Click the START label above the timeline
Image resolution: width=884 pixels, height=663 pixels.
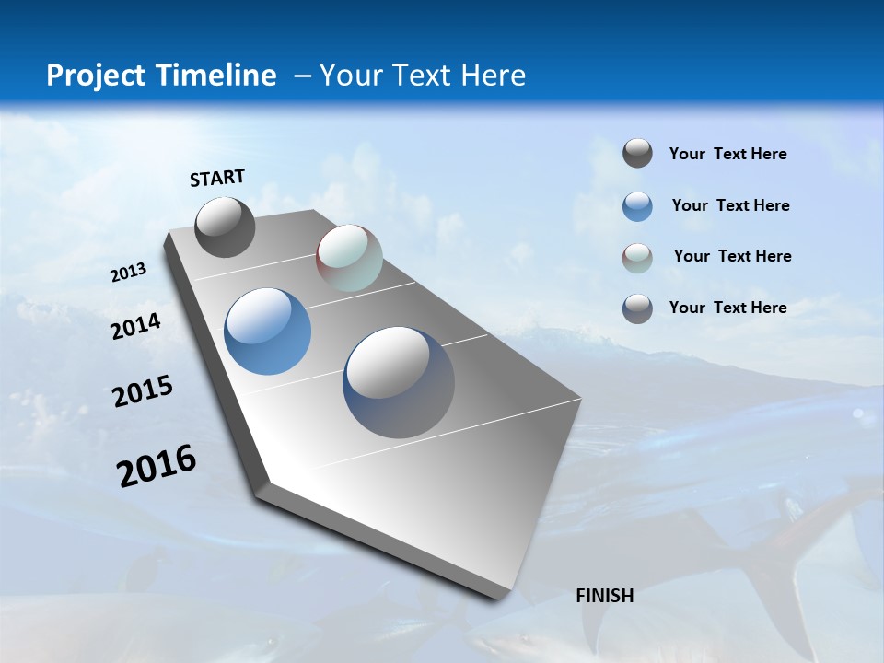coord(217,178)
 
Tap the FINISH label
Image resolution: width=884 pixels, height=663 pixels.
coord(605,596)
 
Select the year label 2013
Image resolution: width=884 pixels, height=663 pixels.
coord(128,273)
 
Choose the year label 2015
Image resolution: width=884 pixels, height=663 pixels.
coord(143,391)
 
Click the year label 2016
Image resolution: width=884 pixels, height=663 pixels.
coord(157,465)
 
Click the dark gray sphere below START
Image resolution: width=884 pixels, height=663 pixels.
coord(225,227)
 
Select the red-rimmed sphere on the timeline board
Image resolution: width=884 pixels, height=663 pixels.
coord(349,258)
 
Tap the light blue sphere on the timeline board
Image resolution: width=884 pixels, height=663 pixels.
coord(267,331)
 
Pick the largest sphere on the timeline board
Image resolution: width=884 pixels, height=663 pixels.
coord(399,382)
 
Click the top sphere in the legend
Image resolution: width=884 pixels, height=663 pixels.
coord(637,153)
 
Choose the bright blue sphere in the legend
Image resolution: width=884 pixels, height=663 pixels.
coord(637,206)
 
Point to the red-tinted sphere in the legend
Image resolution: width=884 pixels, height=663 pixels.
coord(637,258)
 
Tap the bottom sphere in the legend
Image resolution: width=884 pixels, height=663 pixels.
coord(637,308)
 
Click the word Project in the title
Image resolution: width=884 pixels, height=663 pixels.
coord(97,76)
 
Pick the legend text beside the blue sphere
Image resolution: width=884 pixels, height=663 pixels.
coord(730,205)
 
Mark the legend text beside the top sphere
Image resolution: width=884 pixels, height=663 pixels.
coord(727,154)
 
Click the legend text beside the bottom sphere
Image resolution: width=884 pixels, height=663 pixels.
coord(727,308)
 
